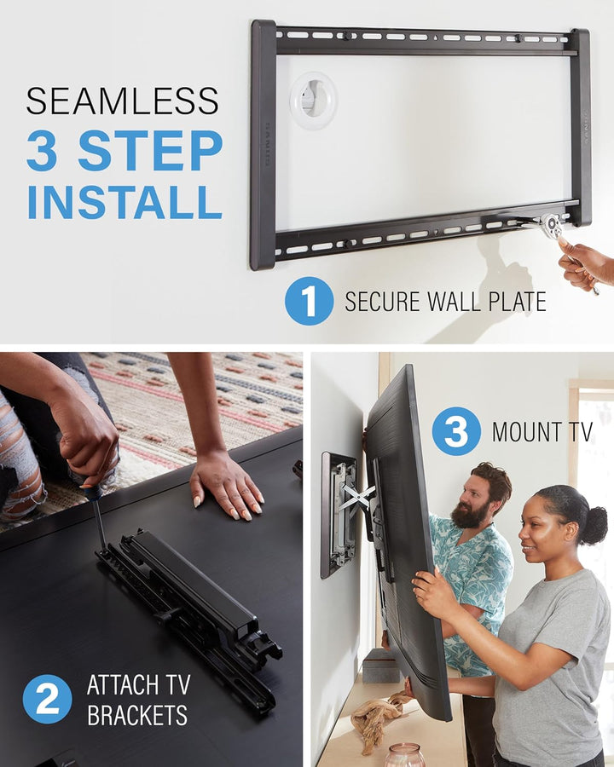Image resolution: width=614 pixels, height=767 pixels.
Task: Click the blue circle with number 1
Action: pos(309,301)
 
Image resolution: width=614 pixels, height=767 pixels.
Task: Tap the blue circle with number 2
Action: pos(47,699)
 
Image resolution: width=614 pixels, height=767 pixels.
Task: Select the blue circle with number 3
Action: pos(456,431)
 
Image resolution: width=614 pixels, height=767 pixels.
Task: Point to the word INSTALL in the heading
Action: pos(125,201)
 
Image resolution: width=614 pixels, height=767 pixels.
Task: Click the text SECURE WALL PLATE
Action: pos(445,302)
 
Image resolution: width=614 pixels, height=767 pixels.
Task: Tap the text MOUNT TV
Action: pos(542,431)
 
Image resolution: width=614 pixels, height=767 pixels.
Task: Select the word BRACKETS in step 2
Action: pos(138,714)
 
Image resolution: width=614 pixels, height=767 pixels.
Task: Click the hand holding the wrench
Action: pos(587,264)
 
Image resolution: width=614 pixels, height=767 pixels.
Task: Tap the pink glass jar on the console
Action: pos(404,755)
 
